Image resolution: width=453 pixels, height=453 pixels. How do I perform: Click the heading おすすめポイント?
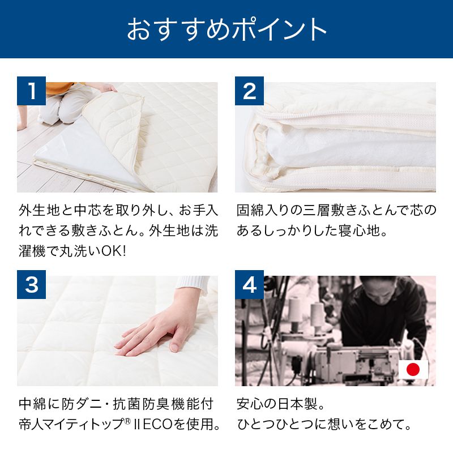pyautogui.click(x=226, y=29)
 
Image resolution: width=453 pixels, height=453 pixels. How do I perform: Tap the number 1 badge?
pyautogui.click(x=31, y=92)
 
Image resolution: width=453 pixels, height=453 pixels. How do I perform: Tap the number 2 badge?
pyautogui.click(x=249, y=92)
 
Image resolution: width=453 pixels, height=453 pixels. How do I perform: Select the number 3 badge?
pyautogui.click(x=31, y=285)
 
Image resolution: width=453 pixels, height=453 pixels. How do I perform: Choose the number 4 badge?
pyautogui.click(x=249, y=285)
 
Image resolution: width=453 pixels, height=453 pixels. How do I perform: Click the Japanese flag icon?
pyautogui.click(x=413, y=370)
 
